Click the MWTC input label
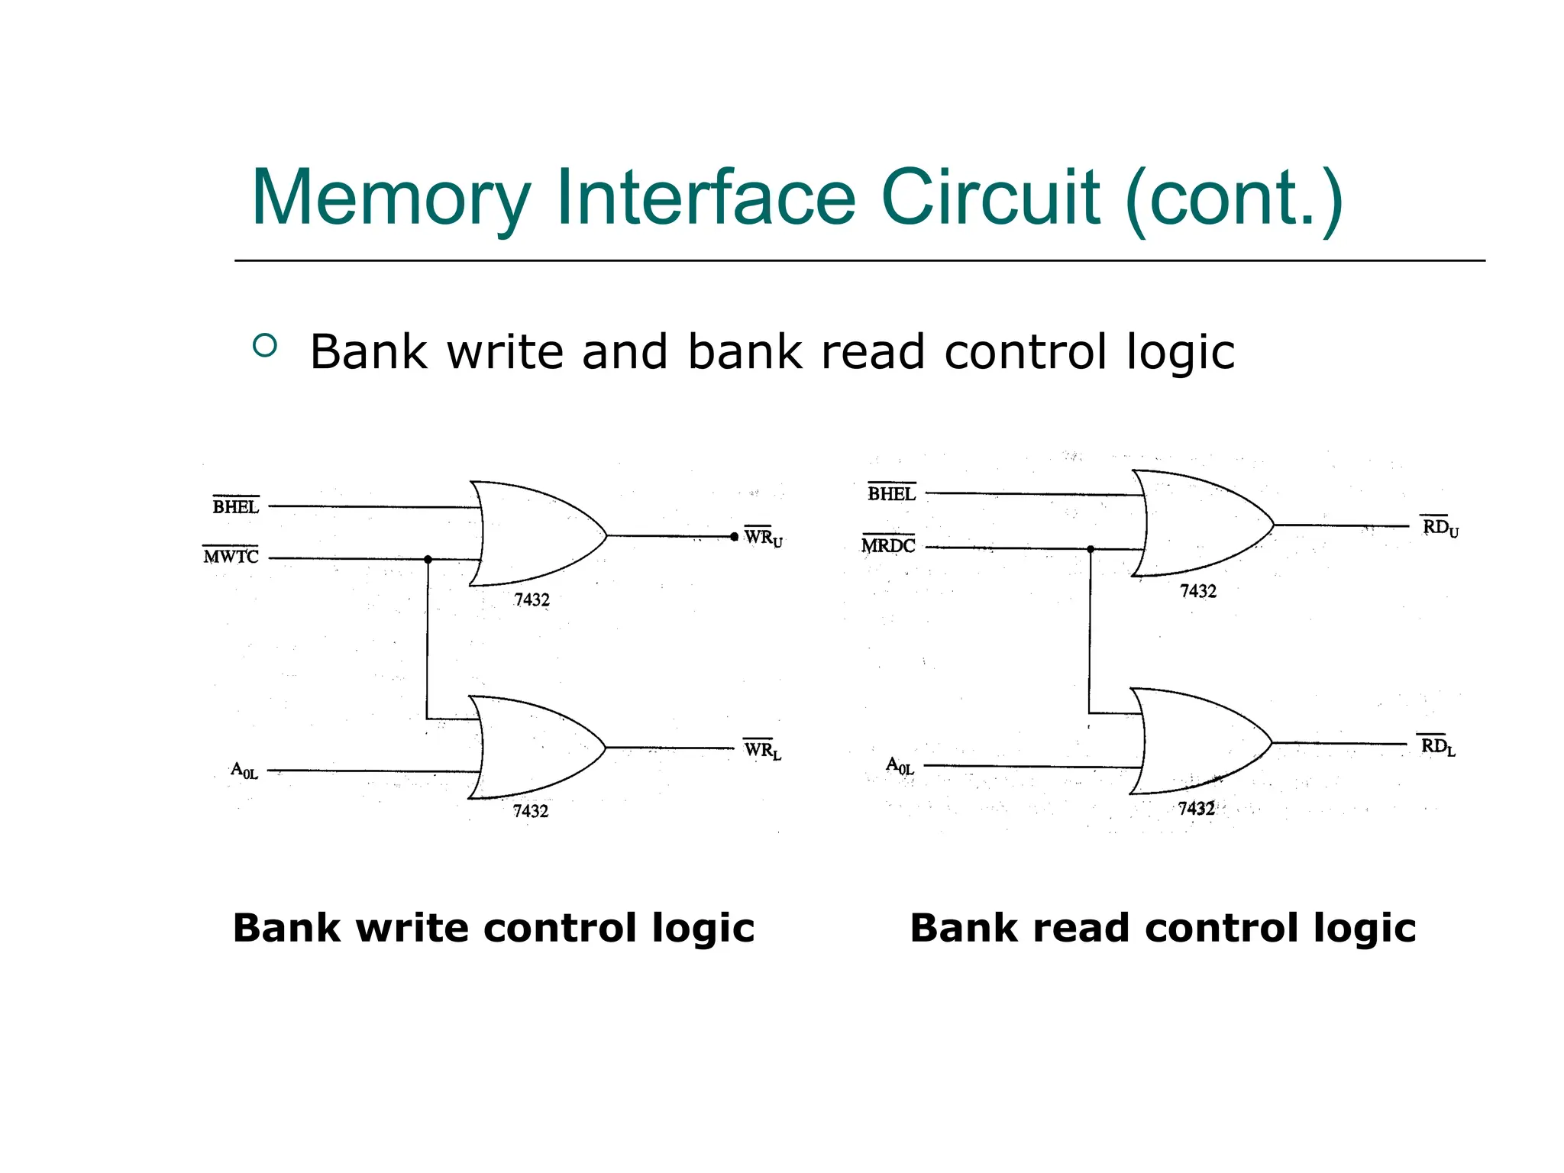point(231,557)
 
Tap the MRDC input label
point(888,545)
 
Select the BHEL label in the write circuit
point(235,506)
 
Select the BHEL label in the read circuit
point(891,494)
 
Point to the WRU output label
point(763,538)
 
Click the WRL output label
point(762,750)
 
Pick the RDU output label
point(1440,527)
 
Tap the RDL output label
point(1437,746)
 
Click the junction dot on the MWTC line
point(428,560)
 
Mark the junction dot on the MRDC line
point(1091,549)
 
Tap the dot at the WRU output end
point(734,537)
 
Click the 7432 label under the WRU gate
point(532,600)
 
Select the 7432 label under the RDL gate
point(1196,809)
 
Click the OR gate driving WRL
point(535,748)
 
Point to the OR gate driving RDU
point(1199,524)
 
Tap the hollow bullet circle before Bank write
point(264,346)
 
